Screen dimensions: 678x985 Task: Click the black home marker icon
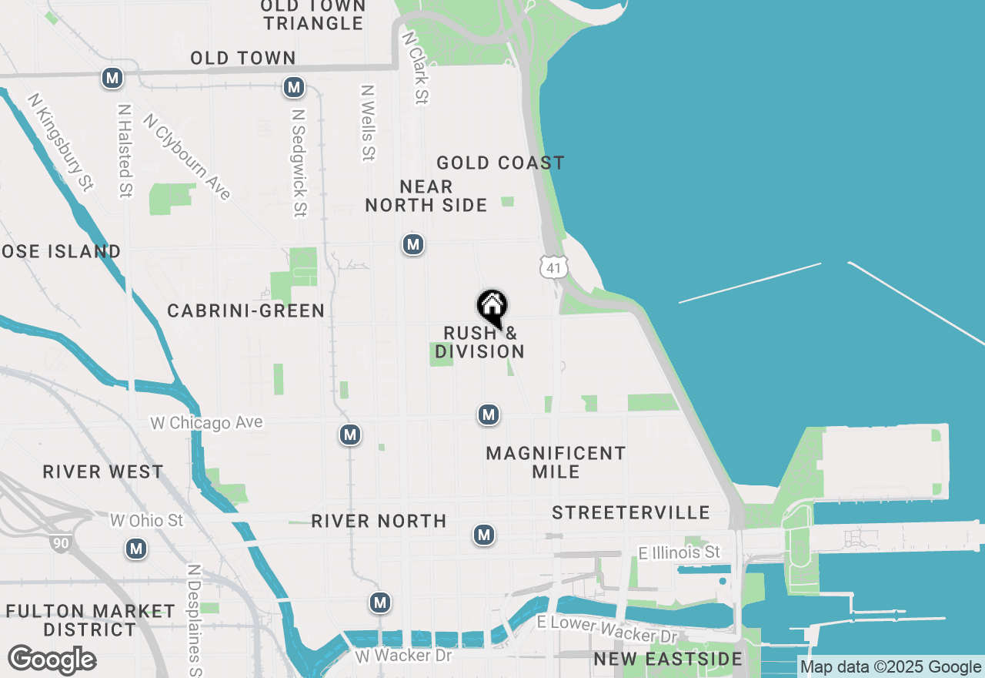point(492,308)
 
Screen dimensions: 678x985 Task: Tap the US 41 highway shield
point(554,267)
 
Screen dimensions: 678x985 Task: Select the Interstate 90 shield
point(61,542)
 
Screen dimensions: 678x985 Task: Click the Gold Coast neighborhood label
point(500,163)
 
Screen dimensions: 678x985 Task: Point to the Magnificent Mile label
point(556,462)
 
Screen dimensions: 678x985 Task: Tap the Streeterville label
point(631,512)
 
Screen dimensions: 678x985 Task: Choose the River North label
point(379,521)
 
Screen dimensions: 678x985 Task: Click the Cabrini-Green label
point(246,310)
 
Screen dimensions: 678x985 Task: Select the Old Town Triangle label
point(312,15)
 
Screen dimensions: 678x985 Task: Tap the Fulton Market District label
point(91,620)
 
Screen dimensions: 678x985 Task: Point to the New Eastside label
point(668,659)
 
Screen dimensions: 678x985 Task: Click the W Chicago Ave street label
point(206,423)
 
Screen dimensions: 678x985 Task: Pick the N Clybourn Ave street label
point(187,157)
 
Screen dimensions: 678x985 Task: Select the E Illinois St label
point(679,552)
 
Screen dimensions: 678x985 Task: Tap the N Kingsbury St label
point(61,142)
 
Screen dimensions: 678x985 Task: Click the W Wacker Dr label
point(403,656)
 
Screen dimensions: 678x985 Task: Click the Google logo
point(52,660)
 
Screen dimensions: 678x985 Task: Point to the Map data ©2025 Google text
point(891,667)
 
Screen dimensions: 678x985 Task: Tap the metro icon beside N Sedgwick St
point(293,87)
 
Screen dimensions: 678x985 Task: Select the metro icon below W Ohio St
point(136,549)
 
